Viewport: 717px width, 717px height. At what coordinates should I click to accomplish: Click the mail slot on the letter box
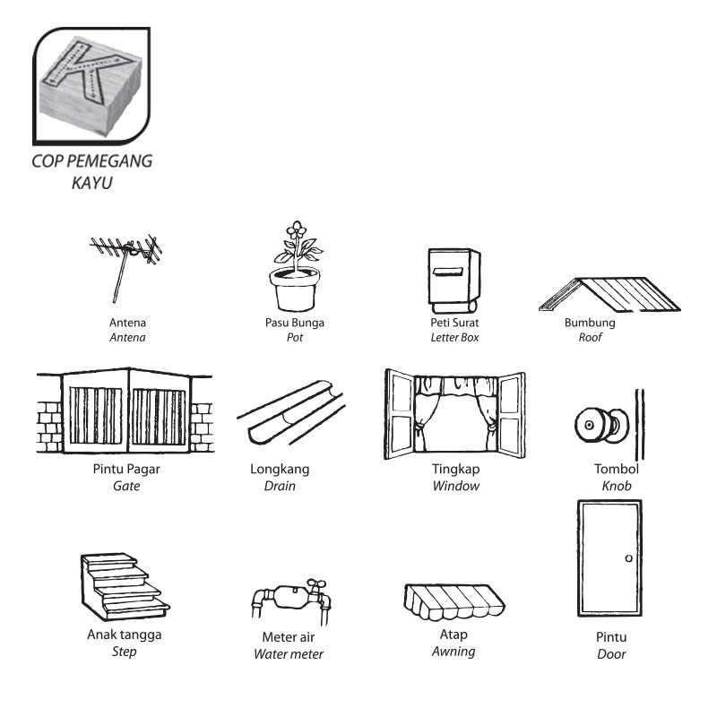[x=447, y=272]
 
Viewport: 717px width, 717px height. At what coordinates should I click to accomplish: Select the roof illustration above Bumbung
[x=610, y=294]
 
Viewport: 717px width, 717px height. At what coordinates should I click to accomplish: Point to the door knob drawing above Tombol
[x=601, y=425]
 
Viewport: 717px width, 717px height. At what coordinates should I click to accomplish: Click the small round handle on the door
[x=629, y=558]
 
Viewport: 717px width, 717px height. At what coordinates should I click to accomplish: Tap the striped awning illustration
[x=454, y=601]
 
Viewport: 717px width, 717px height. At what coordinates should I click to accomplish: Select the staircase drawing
[x=125, y=587]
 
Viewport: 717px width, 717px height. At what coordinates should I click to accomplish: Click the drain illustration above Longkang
[x=290, y=413]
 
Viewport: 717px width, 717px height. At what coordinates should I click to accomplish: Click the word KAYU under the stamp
[x=92, y=183]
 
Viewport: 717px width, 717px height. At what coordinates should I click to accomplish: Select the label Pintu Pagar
[x=126, y=469]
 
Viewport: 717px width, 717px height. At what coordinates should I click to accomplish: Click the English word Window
[x=456, y=486]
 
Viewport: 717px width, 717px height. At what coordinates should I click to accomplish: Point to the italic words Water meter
[x=289, y=654]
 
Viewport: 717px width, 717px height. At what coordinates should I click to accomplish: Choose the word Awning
[x=454, y=652]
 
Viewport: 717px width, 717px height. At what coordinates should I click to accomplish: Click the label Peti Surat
[x=454, y=323]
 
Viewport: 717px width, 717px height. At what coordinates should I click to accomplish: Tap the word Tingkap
[x=456, y=469]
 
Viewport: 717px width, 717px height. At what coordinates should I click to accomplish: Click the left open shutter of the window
[x=400, y=414]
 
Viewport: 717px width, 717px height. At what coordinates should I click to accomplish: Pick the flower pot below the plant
[x=295, y=289]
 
